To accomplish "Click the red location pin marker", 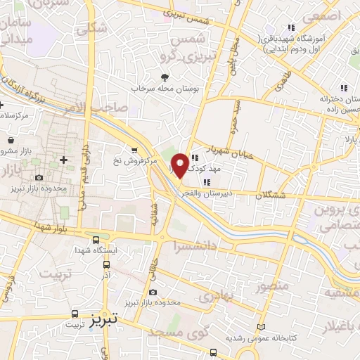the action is [181, 165].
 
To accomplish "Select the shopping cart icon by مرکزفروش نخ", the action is [134, 149].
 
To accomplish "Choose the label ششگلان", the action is [267, 195].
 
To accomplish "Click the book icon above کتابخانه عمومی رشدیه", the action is [262, 327].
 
